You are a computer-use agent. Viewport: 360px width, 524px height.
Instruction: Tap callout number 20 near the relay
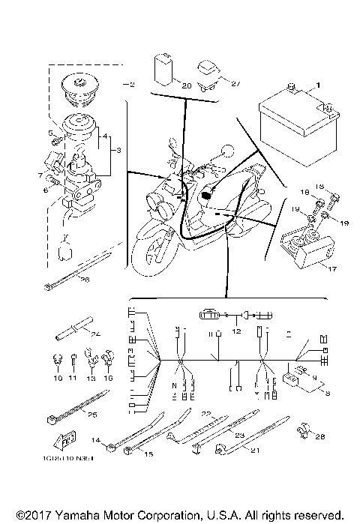(x=186, y=85)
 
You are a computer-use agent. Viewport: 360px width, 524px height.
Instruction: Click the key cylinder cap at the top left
(x=77, y=87)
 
